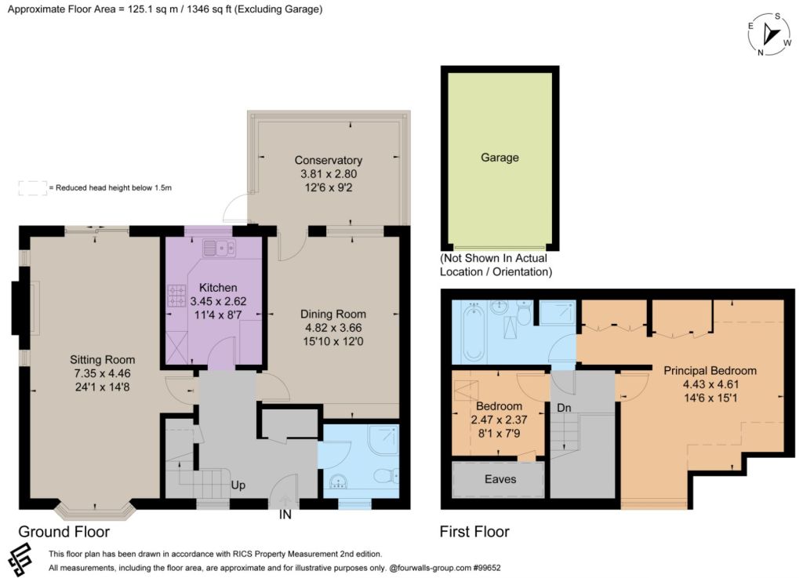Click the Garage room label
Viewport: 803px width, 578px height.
500,158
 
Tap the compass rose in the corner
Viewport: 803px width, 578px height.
769,35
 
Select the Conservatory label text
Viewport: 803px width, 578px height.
329,160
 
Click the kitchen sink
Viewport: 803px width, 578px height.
220,249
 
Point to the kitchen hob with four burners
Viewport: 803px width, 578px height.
176,296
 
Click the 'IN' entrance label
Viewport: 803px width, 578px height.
285,515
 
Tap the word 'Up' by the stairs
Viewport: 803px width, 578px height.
238,485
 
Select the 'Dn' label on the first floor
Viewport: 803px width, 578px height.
564,408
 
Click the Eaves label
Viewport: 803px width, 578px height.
500,479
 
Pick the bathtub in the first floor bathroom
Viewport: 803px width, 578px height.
473,331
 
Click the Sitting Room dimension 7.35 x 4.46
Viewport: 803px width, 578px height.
103,374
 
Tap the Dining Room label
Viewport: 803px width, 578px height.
333,314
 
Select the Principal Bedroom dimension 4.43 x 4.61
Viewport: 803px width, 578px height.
710,384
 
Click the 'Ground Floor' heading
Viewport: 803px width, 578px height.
64,532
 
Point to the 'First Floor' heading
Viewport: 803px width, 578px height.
474,532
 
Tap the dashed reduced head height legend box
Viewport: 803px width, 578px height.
33,188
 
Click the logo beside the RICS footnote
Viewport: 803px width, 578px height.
21,560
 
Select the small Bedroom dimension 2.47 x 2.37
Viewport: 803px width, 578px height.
500,420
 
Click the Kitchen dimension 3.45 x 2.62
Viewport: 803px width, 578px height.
218,301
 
